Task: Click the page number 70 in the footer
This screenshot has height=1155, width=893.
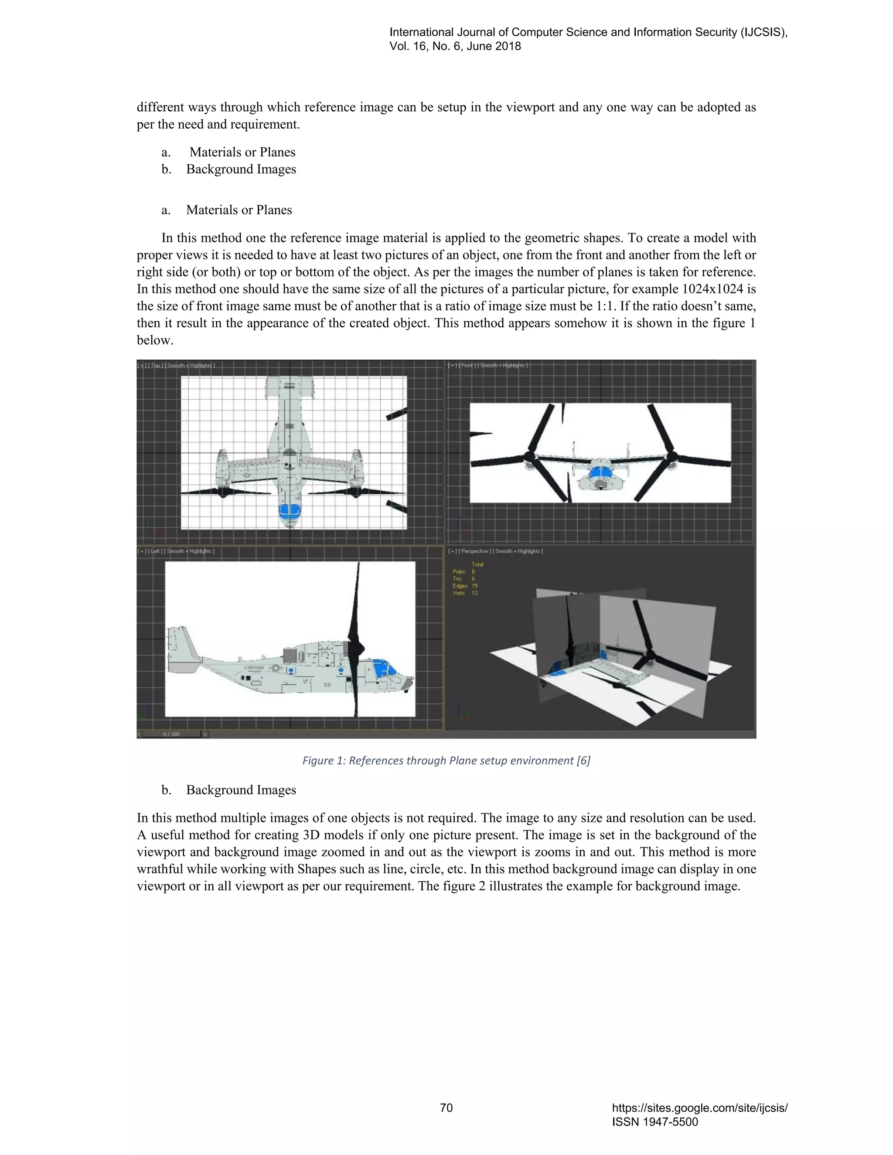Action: (446, 1107)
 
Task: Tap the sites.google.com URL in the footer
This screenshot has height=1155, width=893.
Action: (699, 1108)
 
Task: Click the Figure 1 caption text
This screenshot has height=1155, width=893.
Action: (446, 761)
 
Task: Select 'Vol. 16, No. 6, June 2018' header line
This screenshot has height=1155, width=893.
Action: (455, 46)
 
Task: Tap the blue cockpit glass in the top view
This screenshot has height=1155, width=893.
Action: (290, 510)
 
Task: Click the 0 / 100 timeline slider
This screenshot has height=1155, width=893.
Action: (171, 734)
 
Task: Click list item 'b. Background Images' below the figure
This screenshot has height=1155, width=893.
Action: (228, 790)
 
